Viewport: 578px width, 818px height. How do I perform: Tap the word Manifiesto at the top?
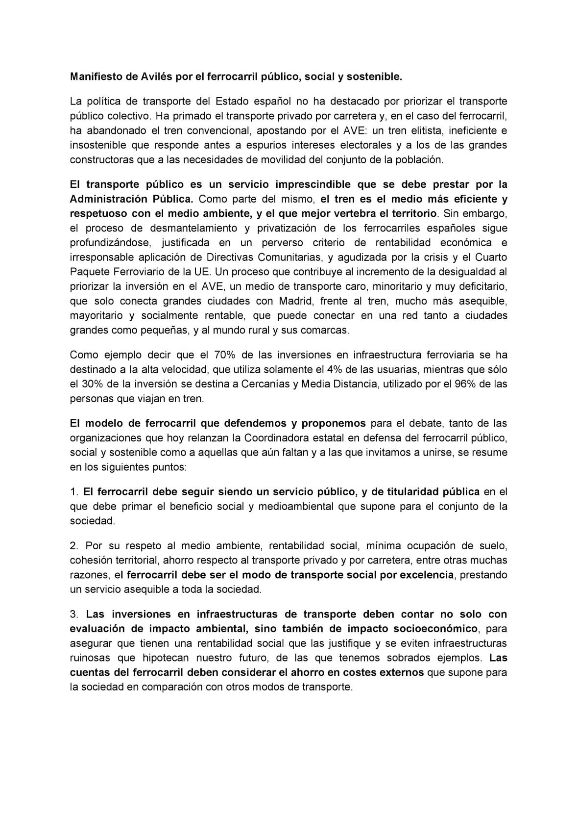coord(94,77)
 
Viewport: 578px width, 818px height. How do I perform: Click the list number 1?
coord(73,492)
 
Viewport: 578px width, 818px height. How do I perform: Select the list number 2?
coord(74,546)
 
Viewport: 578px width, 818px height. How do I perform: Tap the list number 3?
coord(74,614)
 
